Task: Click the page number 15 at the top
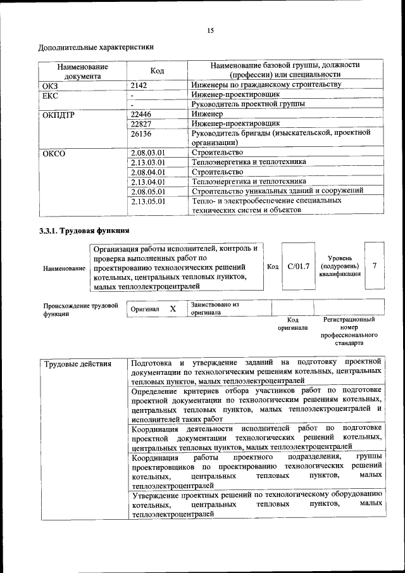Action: (211, 30)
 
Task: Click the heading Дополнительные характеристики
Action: (96, 47)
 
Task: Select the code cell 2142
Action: (139, 84)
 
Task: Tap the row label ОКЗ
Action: (50, 84)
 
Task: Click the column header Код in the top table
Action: (158, 70)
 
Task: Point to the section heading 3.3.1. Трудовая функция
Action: (85, 231)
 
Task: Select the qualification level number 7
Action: (375, 265)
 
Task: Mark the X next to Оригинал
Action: (172, 308)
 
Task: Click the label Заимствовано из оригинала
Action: (214, 308)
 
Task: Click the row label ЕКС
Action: (50, 94)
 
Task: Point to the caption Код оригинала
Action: (292, 324)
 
